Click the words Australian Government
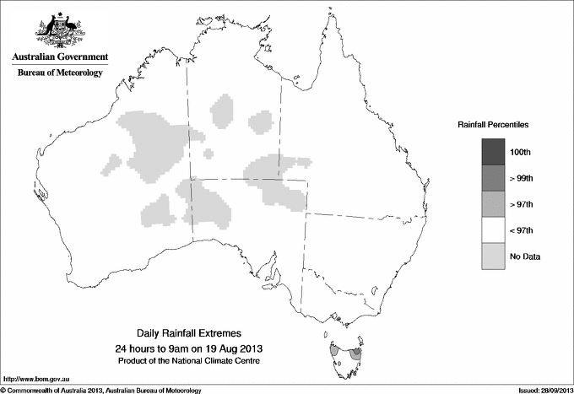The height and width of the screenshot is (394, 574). [x=60, y=57]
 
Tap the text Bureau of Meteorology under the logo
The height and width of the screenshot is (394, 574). [x=60, y=73]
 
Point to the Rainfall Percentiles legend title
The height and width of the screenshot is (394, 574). [x=493, y=124]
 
